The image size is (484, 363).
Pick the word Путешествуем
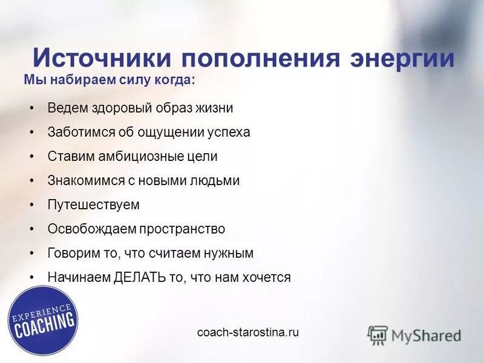pos(93,205)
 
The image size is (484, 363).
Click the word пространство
pos(182,229)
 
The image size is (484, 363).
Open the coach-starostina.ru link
pos(248,333)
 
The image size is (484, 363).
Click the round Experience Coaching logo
pos(43,321)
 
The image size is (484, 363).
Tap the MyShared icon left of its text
pos(378,335)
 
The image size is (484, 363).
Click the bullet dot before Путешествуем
pos(32,205)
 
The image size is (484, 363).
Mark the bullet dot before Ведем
pos(32,108)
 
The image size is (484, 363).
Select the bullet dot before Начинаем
pos(32,278)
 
